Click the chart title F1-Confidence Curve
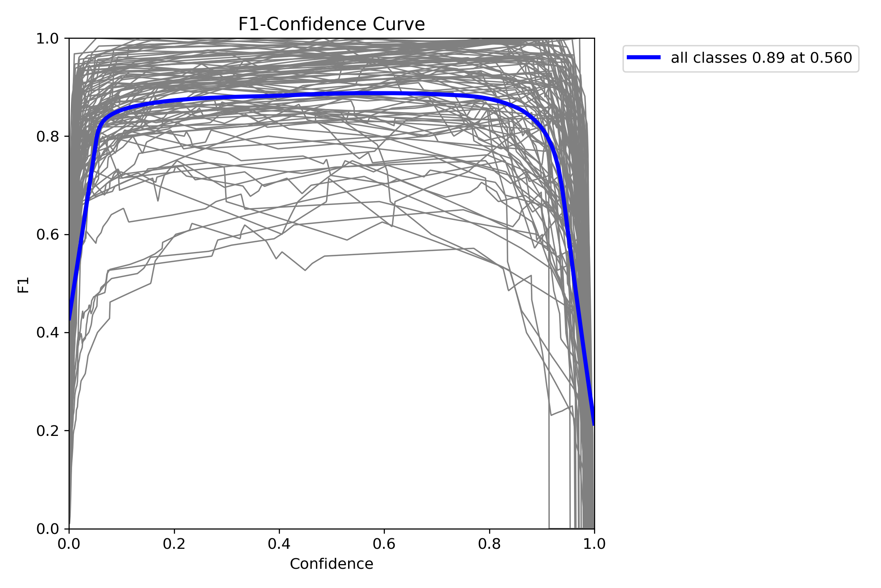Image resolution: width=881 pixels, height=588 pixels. point(331,24)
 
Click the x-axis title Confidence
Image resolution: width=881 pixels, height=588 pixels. point(331,564)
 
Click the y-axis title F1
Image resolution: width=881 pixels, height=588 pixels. point(23,285)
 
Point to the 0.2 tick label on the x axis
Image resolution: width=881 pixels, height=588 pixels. point(174,544)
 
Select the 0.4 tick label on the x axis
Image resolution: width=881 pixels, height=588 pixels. point(279,544)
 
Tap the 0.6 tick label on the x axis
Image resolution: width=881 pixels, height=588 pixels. point(384,544)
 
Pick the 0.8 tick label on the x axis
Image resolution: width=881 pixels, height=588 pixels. point(489,544)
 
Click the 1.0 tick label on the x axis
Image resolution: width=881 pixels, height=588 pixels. point(594,544)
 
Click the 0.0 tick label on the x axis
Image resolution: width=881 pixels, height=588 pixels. point(69,544)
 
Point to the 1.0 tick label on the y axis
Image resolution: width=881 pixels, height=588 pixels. point(47,39)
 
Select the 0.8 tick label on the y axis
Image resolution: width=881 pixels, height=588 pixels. point(47,137)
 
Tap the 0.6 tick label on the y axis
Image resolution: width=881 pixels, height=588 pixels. point(47,235)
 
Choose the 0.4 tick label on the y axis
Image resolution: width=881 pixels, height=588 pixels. point(47,333)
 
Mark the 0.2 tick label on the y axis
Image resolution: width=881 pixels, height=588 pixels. point(47,431)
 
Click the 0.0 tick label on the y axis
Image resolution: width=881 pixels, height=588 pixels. point(47,529)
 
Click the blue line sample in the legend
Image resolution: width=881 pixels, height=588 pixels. point(643,58)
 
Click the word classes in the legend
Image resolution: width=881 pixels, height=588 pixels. point(717,58)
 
